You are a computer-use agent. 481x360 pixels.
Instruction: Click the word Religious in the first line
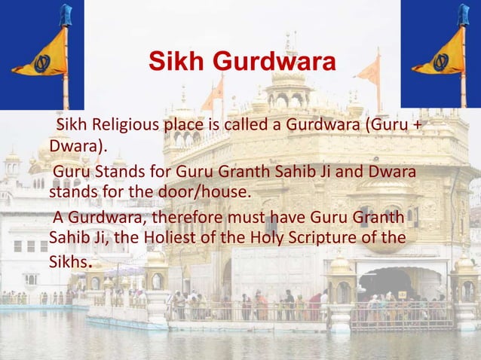pyautogui.click(x=124, y=124)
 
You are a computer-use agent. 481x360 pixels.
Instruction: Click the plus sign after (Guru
pyautogui.click(x=416, y=124)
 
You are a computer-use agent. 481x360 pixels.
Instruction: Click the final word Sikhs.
pyautogui.click(x=69, y=262)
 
